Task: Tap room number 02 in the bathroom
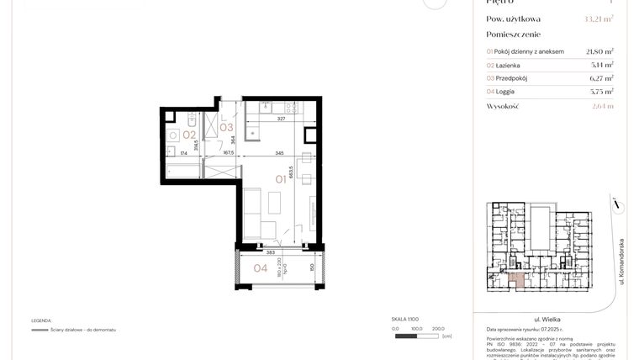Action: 189,134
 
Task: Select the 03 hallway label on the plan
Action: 226,128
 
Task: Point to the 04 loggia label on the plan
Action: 261,270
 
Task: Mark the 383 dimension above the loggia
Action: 271,251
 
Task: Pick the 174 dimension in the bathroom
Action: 183,153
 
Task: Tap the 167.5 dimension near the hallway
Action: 227,153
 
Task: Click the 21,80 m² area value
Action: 599,50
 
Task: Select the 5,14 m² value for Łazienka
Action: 602,64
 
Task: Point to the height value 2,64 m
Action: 602,106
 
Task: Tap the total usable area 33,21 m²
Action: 599,19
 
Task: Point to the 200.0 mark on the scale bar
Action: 436,329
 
